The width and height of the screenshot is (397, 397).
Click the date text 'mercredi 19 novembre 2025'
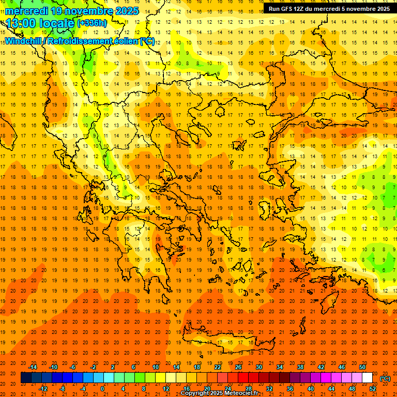click(72, 11)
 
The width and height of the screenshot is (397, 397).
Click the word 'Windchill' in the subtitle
click(23, 41)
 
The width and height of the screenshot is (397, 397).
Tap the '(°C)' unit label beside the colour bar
click(385, 378)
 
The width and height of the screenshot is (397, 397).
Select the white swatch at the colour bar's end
click(368, 378)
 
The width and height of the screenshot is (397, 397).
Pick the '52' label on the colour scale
click(372, 389)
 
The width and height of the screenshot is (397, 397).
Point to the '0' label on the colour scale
click(102, 389)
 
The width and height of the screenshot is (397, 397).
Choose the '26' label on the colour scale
click(238, 367)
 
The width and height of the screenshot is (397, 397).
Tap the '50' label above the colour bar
click(362, 367)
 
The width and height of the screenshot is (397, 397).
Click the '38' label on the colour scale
click(300, 367)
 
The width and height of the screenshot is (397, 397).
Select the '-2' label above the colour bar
click(93, 367)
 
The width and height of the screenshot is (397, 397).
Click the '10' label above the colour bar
click(155, 367)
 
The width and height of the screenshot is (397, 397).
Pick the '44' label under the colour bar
click(331, 389)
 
